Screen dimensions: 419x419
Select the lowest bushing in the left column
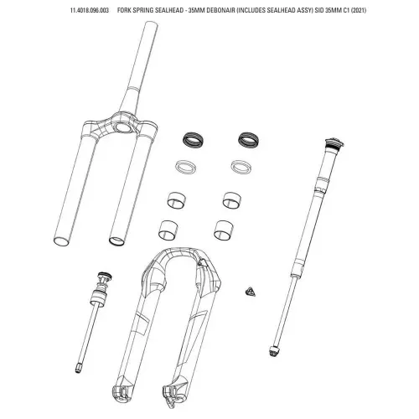(171, 228)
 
